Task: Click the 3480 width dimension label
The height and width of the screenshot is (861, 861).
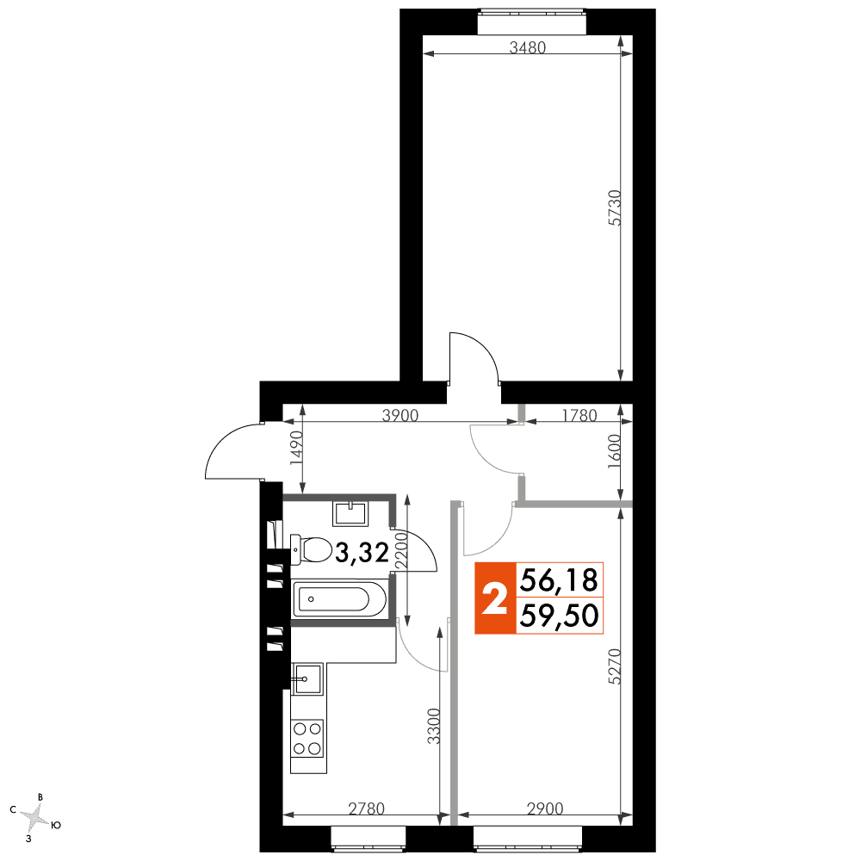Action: tap(527, 47)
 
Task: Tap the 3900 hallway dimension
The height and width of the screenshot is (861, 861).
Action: tap(400, 415)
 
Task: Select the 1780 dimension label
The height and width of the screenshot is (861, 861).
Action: tap(579, 415)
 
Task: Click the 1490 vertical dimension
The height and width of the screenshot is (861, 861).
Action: tap(296, 448)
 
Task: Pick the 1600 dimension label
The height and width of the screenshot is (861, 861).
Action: tap(614, 451)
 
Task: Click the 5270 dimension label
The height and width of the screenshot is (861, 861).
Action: tap(615, 666)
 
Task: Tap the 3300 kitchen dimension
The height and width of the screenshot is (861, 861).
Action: tap(434, 726)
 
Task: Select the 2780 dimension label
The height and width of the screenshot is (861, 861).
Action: tap(366, 808)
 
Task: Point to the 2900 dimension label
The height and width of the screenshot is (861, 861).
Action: tap(545, 808)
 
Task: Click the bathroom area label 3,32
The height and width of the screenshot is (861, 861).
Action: tap(362, 553)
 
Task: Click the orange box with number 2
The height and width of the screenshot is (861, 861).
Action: tap(495, 598)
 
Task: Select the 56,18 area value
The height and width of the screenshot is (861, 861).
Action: tap(559, 580)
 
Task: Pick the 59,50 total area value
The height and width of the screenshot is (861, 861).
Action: tap(559, 615)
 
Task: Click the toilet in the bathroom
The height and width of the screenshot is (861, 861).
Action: tap(311, 549)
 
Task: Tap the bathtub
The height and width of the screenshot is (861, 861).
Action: tap(340, 599)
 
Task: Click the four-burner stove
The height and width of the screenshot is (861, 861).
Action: tap(307, 739)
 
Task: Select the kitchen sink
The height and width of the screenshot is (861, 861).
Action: tap(308, 678)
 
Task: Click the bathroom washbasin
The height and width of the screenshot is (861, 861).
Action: tap(350, 513)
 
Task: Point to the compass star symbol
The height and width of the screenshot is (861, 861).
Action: tap(36, 817)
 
